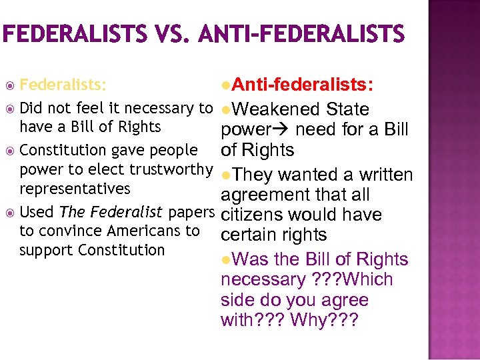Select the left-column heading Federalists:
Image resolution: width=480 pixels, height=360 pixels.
click(x=63, y=85)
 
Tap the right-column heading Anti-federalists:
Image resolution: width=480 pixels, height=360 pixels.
click(x=306, y=85)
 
